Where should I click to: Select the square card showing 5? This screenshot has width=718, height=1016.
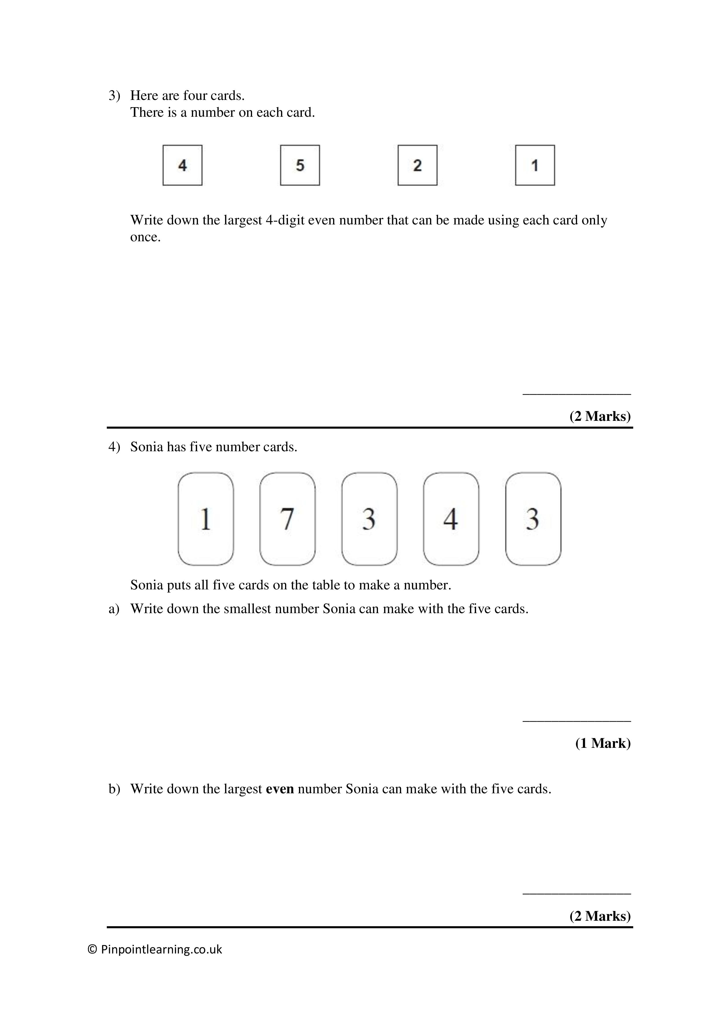click(300, 165)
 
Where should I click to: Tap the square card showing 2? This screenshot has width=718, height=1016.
click(417, 165)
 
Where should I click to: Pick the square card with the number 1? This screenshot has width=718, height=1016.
click(535, 165)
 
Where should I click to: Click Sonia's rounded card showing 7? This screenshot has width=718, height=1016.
click(287, 519)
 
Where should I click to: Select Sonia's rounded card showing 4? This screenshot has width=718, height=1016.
click(451, 519)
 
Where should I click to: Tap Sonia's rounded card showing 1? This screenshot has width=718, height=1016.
click(205, 519)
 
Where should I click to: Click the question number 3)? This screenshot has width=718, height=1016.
click(114, 96)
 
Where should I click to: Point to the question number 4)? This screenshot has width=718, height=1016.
click(114, 447)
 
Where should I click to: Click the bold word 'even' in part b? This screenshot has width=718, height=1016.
click(280, 789)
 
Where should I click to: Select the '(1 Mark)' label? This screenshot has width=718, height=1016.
click(603, 743)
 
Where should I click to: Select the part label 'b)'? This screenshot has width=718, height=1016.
click(114, 789)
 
